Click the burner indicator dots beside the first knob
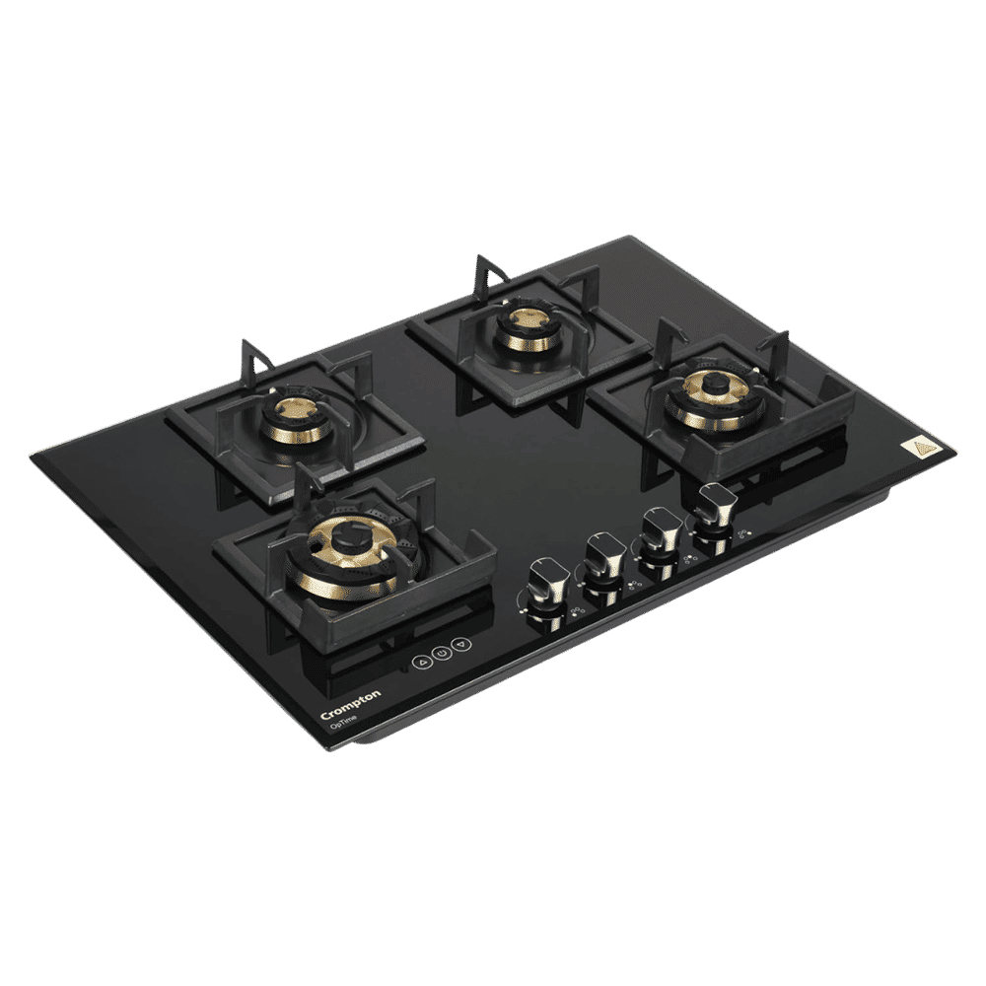[x=575, y=614]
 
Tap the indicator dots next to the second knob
[x=631, y=587]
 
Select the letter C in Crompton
[x=325, y=716]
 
